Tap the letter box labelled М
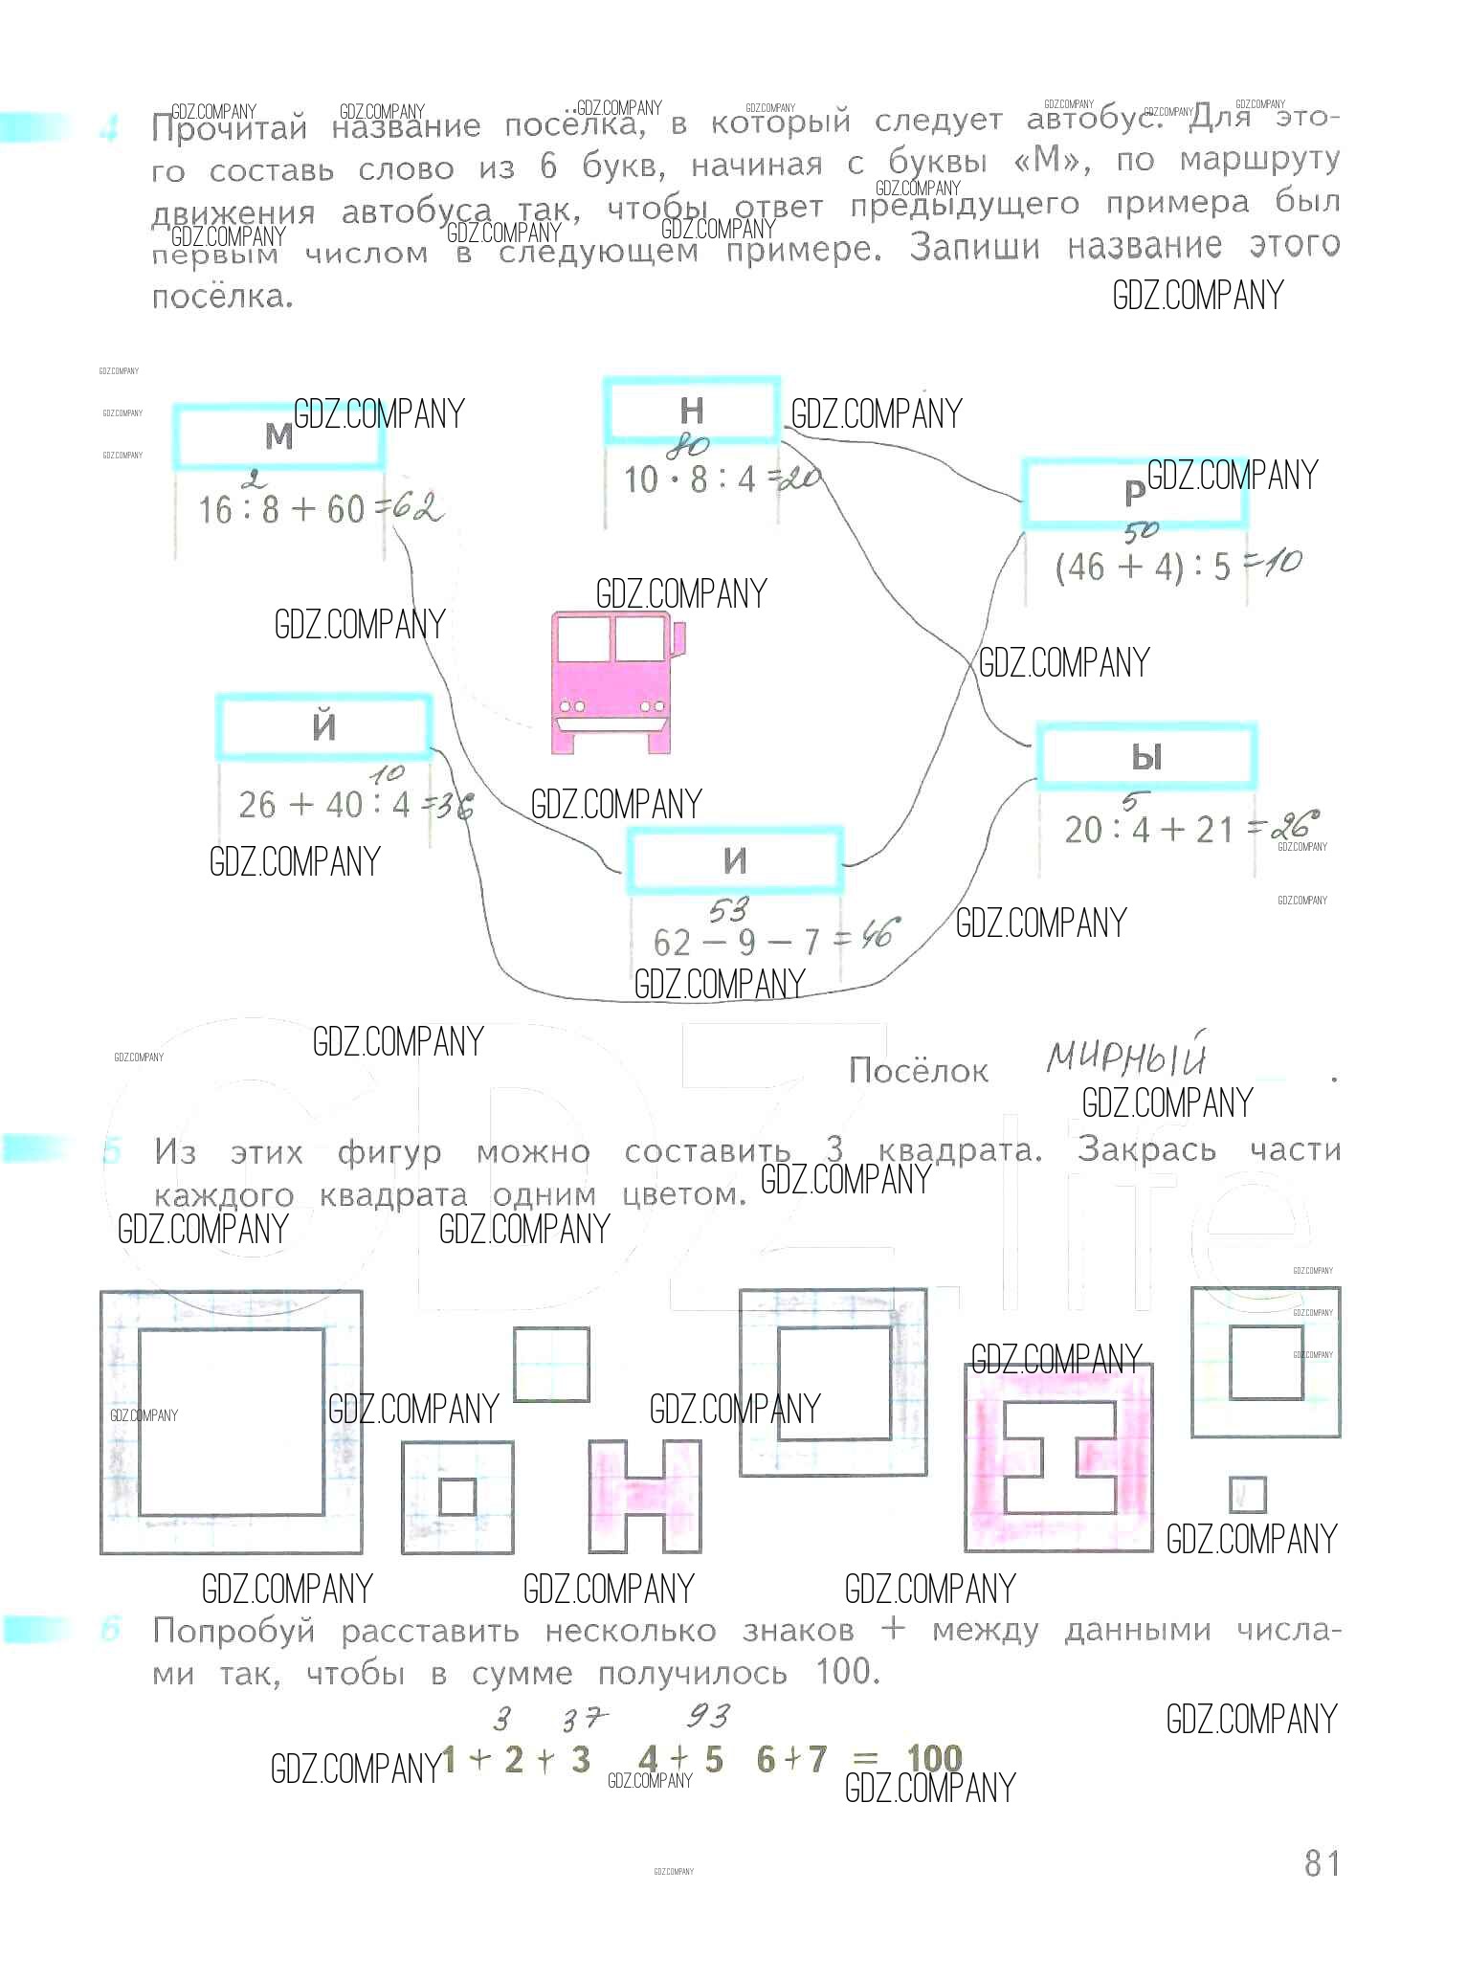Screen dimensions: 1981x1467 click(278, 436)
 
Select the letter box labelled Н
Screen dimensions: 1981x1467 click(691, 411)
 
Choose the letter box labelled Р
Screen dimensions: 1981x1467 click(1134, 493)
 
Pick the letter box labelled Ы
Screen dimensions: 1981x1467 click(1145, 757)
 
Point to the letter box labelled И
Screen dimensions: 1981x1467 click(734, 860)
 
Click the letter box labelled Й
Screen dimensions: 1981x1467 click(323, 726)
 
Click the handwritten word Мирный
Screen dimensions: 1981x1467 click(1125, 1057)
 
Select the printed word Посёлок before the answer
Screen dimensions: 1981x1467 click(918, 1070)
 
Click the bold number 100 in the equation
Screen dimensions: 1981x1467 click(934, 1759)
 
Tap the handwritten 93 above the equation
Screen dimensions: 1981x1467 click(709, 1716)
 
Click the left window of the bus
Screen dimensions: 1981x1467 click(583, 639)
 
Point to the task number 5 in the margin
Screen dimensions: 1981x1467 click(112, 1151)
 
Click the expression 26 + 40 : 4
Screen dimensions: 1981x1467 click(324, 805)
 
